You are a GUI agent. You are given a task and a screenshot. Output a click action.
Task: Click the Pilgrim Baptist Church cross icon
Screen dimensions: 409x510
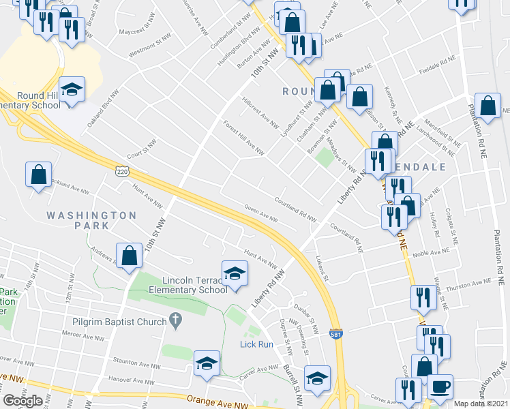point(175,320)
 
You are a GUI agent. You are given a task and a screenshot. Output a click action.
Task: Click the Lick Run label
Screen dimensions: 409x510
point(256,344)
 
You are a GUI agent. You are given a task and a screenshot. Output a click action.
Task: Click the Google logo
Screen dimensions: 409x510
point(23,401)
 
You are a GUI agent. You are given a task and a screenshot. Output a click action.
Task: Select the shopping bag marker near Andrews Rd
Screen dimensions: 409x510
point(129,256)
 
